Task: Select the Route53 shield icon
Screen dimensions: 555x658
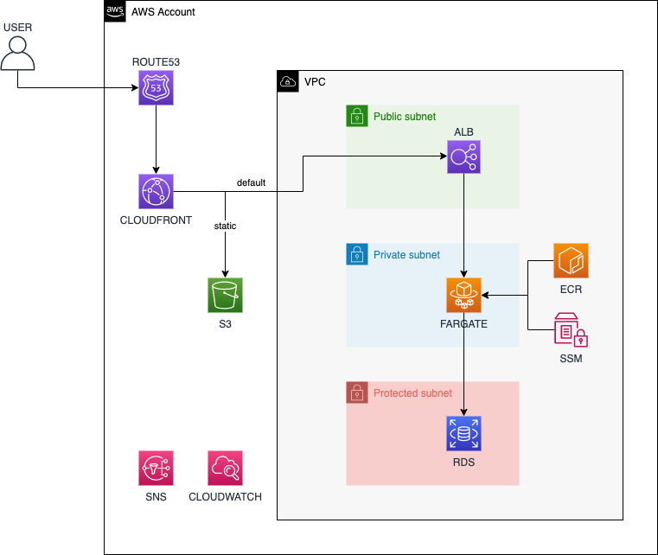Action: coord(156,88)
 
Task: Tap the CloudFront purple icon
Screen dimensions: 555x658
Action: coord(156,191)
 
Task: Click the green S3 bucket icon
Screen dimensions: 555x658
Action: coord(225,295)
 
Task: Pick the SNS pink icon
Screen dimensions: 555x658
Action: coord(156,468)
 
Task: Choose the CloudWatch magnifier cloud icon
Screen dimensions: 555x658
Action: coord(225,468)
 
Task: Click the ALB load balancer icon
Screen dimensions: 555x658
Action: coord(464,157)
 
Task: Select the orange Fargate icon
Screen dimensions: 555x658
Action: coord(464,295)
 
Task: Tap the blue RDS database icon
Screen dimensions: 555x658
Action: coord(464,434)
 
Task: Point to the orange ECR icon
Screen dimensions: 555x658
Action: coord(571,261)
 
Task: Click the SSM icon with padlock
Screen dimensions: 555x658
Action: coord(571,329)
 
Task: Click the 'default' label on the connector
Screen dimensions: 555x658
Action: coord(251,183)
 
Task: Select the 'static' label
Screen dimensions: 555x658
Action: coord(225,226)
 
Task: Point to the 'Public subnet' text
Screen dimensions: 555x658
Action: coord(405,117)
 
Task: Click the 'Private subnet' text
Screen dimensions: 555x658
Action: coord(406,255)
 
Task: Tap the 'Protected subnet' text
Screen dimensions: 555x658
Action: coord(412,393)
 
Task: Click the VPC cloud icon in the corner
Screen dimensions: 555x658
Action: coord(288,82)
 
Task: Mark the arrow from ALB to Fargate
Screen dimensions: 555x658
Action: coord(464,225)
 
